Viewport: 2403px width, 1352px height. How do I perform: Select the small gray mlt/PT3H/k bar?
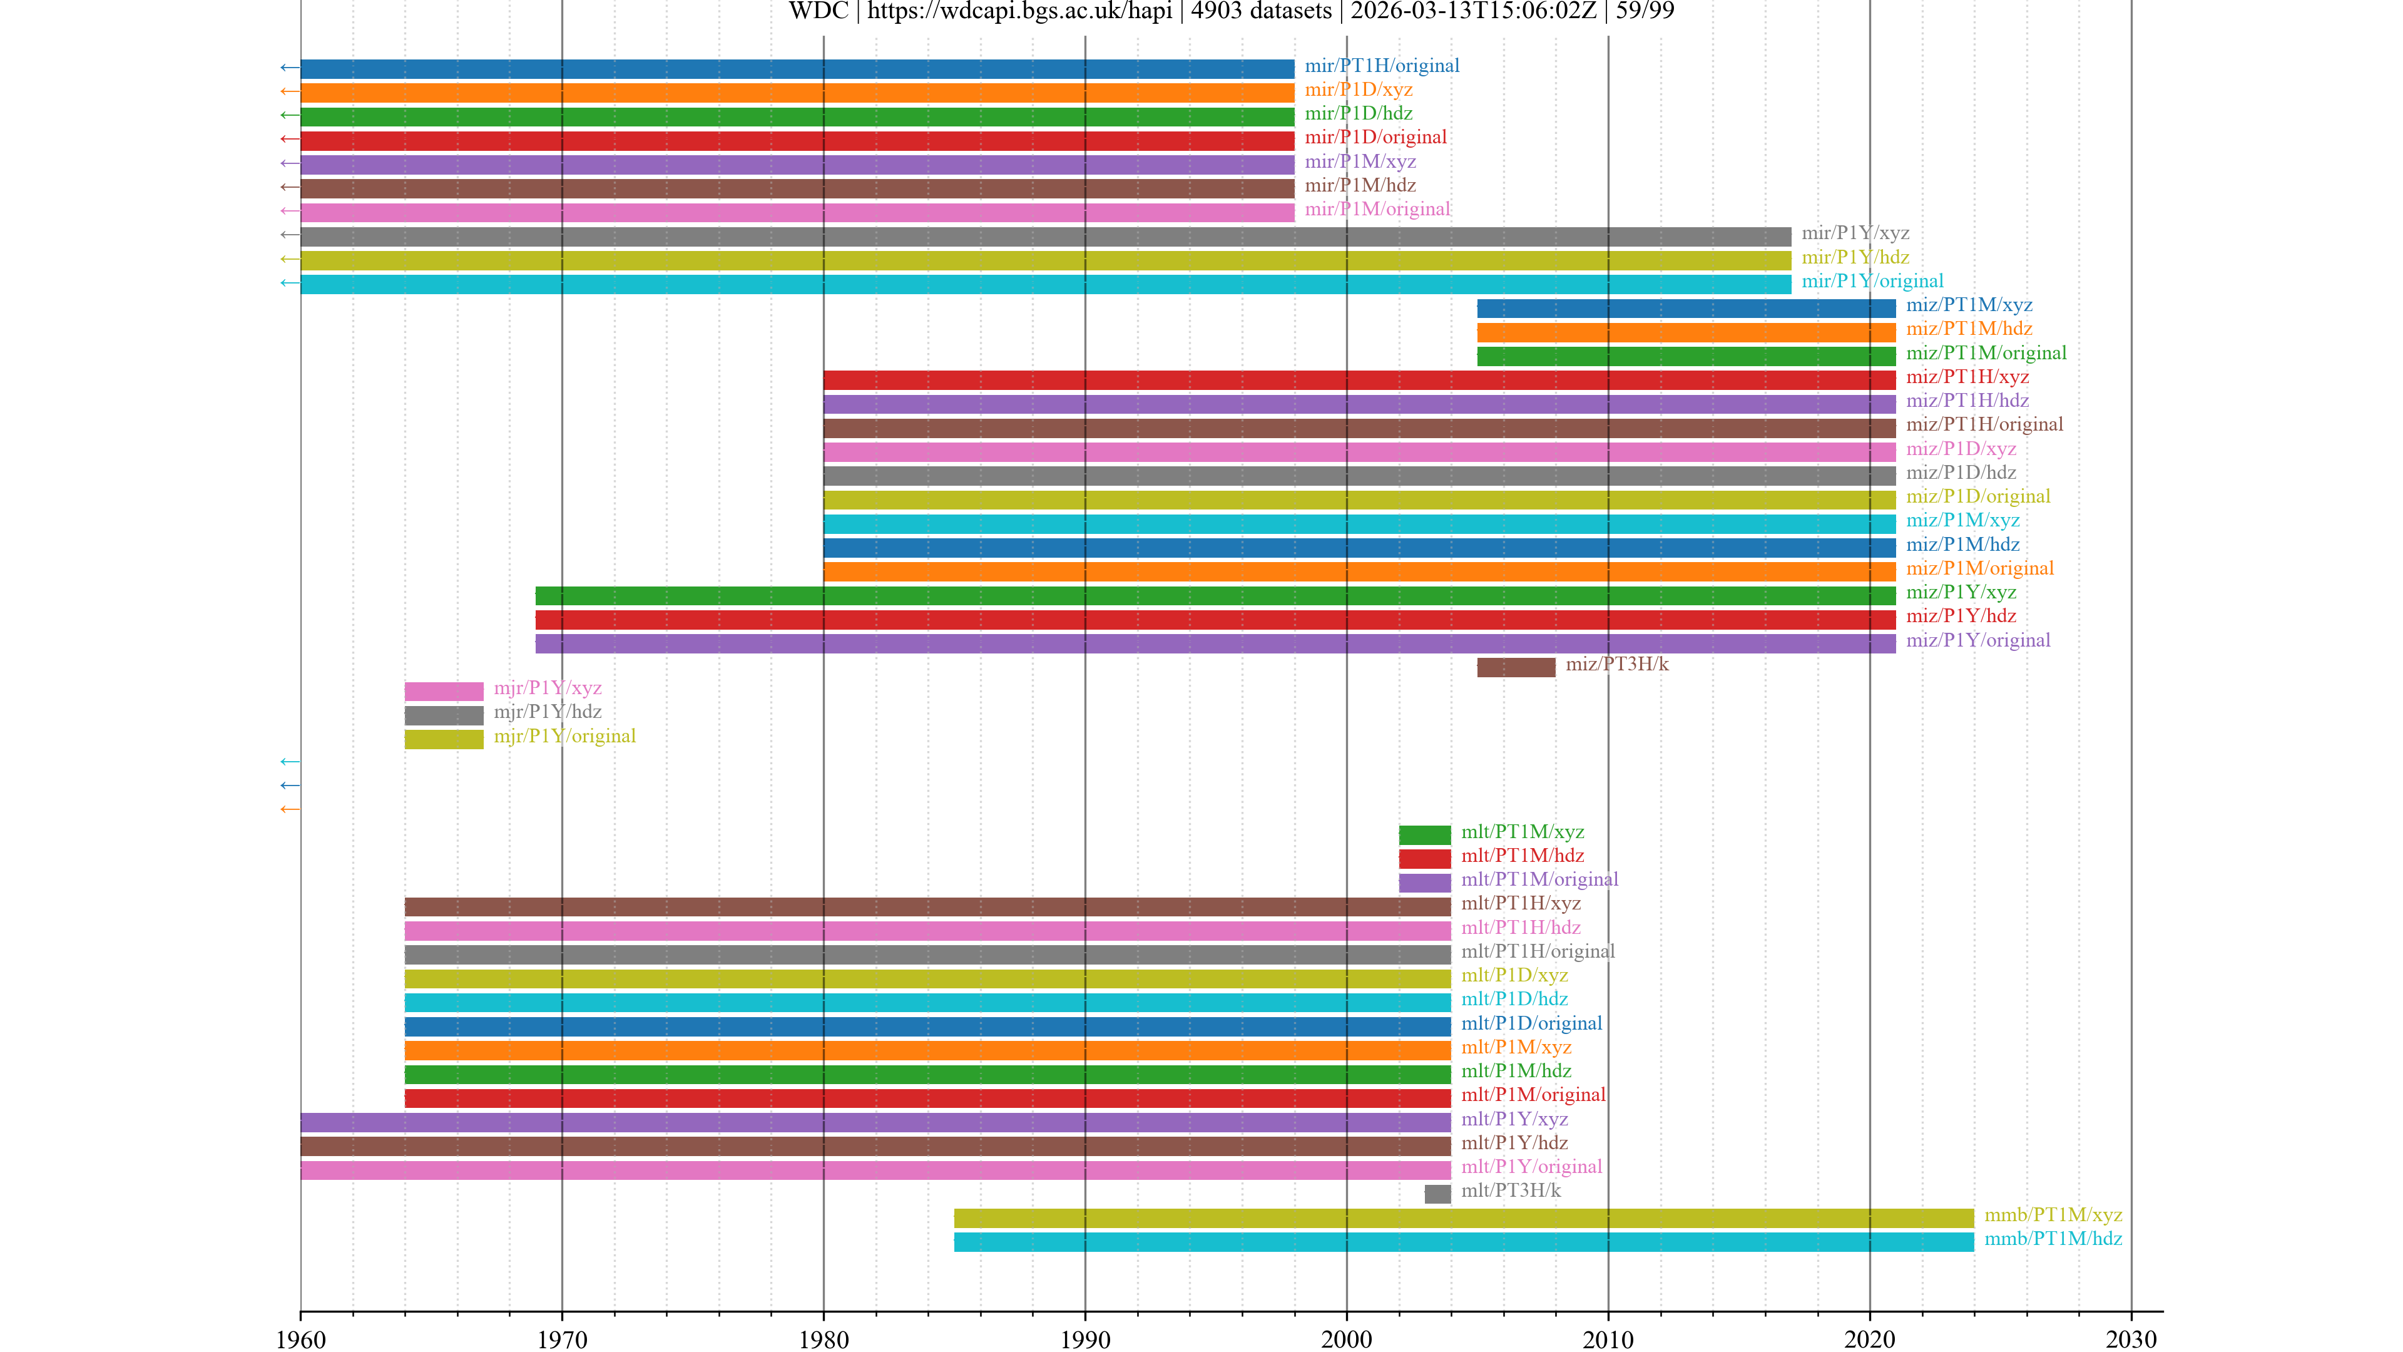tap(1437, 1194)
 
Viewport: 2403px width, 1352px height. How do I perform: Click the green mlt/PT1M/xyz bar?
tap(1424, 835)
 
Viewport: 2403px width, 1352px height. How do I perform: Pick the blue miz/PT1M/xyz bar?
tap(1686, 309)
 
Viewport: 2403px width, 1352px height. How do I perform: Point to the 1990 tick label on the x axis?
tap(1085, 1339)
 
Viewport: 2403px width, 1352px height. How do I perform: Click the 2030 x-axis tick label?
tap(2131, 1339)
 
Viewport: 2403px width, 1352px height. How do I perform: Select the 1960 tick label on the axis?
tap(300, 1339)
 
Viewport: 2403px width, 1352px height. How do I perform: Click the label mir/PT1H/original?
tap(1382, 65)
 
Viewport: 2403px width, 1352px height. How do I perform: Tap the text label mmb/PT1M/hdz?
tap(2053, 1238)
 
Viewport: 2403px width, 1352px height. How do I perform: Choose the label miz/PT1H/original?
tap(1984, 424)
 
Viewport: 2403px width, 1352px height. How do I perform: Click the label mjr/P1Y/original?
tap(564, 736)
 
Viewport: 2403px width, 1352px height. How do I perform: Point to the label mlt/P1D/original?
tap(1531, 1023)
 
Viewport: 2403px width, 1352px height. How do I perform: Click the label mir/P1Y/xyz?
tap(1854, 233)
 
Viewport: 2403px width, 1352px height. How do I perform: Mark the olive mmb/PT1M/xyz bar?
tap(1462, 1217)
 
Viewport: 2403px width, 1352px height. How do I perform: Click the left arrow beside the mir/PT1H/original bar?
tap(289, 67)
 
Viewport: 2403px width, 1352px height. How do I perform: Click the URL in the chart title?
tap(1019, 11)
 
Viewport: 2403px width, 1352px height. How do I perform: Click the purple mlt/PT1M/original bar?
tap(1424, 883)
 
